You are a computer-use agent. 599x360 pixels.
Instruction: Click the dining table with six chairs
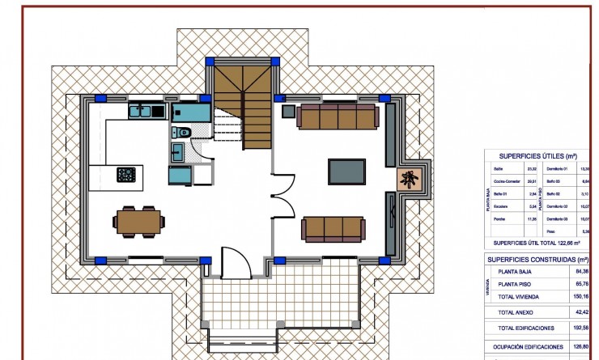click(136, 222)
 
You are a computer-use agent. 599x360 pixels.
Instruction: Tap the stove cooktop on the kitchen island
click(126, 174)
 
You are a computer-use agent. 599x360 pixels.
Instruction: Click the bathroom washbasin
click(176, 150)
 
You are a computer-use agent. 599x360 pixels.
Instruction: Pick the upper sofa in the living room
click(338, 116)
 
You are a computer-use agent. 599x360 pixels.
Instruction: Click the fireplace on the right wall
click(409, 180)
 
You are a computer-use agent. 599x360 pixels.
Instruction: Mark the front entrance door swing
click(233, 260)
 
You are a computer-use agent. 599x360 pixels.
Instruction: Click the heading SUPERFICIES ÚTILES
click(537, 155)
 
